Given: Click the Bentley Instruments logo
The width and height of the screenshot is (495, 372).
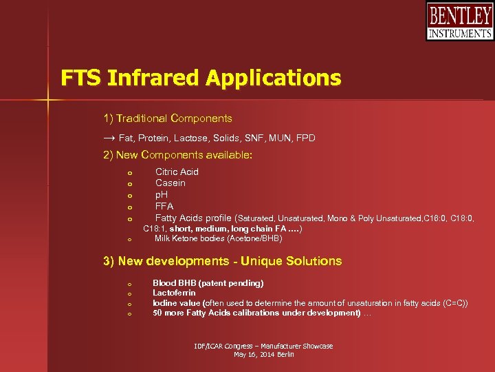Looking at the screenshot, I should click(x=459, y=21).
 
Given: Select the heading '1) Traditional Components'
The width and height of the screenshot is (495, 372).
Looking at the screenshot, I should click(x=168, y=118).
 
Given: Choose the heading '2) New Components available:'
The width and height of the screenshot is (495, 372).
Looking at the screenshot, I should click(x=177, y=155).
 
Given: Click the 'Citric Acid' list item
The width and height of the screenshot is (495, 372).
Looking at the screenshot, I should click(x=177, y=172).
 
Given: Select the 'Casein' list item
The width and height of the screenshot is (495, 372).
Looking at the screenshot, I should click(x=170, y=183).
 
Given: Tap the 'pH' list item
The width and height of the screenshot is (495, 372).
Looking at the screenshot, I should click(x=162, y=195).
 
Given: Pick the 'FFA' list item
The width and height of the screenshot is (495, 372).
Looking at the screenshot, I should click(x=164, y=206).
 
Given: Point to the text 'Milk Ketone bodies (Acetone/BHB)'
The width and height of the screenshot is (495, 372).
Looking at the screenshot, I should click(x=218, y=238).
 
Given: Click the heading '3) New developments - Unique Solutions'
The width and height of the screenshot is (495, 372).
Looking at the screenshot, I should click(x=222, y=261).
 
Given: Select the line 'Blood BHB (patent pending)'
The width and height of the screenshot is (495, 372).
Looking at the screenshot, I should click(x=208, y=283).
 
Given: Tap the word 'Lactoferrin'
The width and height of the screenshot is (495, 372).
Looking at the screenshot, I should click(x=174, y=293).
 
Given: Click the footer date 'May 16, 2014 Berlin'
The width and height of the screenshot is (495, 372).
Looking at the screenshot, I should click(x=263, y=354).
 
